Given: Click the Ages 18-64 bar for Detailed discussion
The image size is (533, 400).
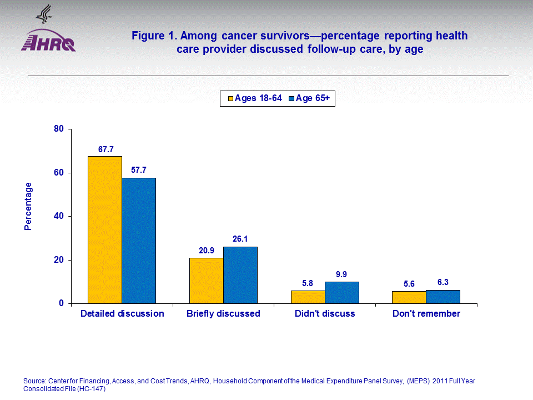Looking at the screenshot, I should tap(105, 230).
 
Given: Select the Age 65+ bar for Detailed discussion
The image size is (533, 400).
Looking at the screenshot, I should tap(139, 241).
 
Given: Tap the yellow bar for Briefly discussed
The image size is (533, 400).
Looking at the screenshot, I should tap(207, 281).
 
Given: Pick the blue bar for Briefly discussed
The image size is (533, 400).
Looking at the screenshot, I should tap(240, 275).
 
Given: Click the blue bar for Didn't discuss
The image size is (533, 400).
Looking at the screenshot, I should tap(341, 293).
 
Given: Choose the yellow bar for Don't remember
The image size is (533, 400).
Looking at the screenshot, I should tap(409, 297).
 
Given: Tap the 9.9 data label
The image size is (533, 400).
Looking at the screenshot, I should tap(342, 275).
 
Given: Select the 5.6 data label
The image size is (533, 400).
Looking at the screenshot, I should tap(409, 284).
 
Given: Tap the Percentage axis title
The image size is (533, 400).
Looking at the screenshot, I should tap(28, 206).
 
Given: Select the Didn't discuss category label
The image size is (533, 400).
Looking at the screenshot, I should tap(325, 314).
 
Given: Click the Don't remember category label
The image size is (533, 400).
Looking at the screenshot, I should tap(426, 314).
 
